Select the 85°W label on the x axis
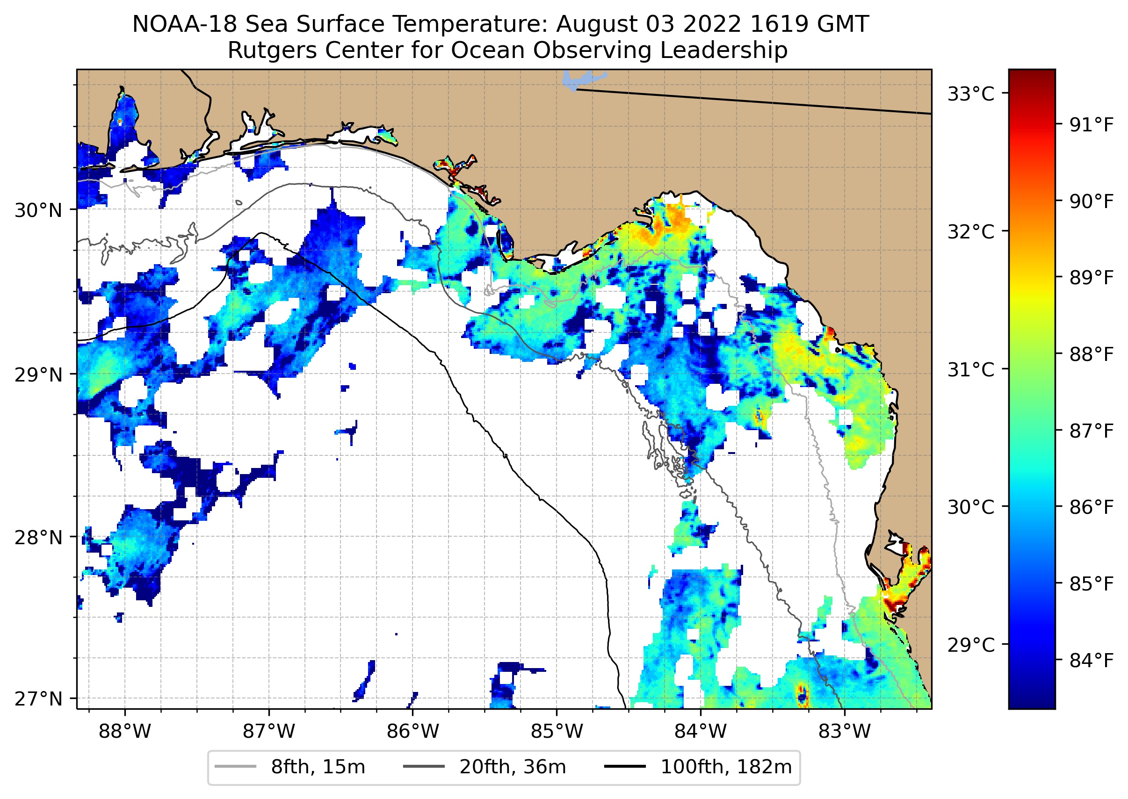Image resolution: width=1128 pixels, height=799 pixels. [557, 732]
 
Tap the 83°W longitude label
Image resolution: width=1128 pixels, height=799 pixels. [845, 732]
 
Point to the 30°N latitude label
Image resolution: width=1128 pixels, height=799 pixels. [38, 210]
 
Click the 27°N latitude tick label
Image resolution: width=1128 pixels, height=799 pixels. [38, 698]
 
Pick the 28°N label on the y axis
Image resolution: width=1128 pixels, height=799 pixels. [38, 538]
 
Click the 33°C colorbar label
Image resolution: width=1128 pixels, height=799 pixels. [971, 94]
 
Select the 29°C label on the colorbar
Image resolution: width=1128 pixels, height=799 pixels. [971, 645]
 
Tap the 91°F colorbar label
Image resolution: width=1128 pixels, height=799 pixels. [1091, 125]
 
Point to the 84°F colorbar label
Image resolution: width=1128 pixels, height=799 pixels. [1091, 660]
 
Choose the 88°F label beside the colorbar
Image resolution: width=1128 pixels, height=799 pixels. [1091, 354]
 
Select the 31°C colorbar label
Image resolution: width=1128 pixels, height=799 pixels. [971, 369]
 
